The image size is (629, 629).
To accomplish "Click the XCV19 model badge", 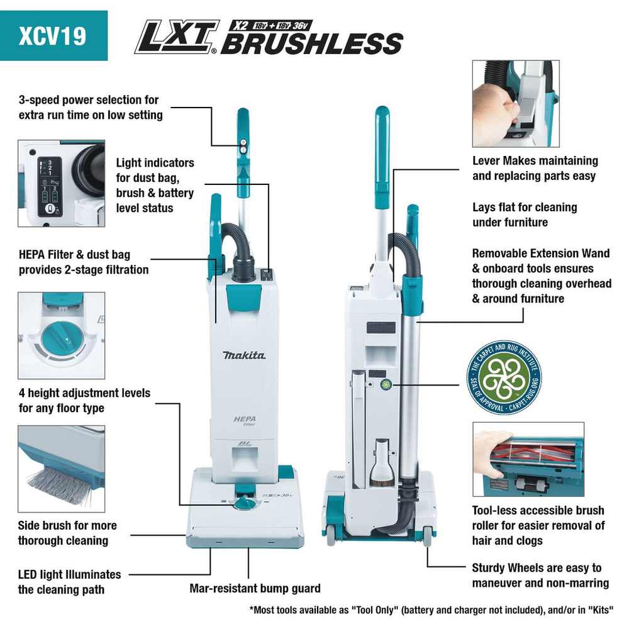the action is coord(53,36).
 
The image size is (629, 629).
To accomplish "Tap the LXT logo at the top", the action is coord(177,36).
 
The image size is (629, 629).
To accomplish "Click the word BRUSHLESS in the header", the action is coord(312,43).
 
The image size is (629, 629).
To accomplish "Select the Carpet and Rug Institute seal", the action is coord(504,377).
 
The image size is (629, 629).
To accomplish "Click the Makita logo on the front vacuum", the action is coord(244,355).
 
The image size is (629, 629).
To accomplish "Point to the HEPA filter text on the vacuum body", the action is coord(245,421).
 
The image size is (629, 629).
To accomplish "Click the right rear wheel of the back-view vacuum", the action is coord(427,536).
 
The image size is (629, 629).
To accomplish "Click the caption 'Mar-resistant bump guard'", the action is coord(255,589).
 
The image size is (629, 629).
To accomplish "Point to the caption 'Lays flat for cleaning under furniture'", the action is coord(525,214).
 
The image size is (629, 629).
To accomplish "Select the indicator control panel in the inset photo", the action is coord(50,187).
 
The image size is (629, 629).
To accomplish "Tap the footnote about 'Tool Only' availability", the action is coord(431,610).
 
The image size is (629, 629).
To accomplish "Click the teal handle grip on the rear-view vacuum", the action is coord(382,157).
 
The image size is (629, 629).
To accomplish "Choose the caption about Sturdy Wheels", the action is coord(540,576).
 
